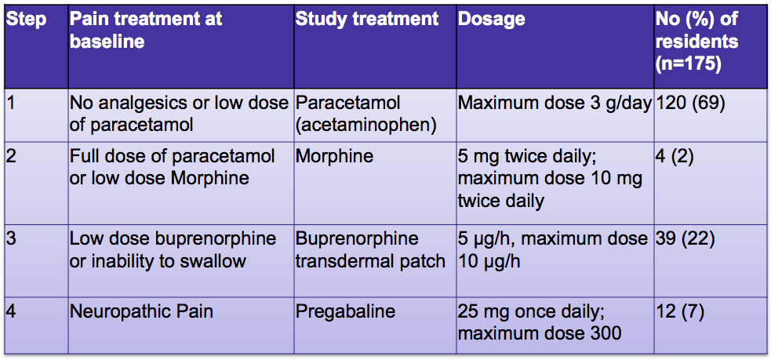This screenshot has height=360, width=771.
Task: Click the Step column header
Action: click(26, 19)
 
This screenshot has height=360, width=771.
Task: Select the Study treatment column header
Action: click(366, 19)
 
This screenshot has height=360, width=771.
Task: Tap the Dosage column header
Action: click(492, 19)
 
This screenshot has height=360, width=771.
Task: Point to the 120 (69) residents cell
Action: click(690, 105)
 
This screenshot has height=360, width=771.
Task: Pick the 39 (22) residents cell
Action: click(685, 239)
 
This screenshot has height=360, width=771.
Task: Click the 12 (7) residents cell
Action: click(680, 312)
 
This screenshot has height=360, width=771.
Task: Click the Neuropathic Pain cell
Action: click(142, 312)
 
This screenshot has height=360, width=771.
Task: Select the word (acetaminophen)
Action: click(365, 125)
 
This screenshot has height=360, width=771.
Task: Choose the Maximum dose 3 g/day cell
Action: click(555, 105)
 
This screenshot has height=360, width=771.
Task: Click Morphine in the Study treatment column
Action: click(334, 158)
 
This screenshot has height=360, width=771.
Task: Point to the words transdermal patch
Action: click(370, 260)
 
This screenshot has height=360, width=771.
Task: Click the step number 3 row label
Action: click(12, 239)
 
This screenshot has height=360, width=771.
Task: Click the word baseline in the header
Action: click(107, 42)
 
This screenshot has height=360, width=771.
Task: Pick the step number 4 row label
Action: click(12, 312)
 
